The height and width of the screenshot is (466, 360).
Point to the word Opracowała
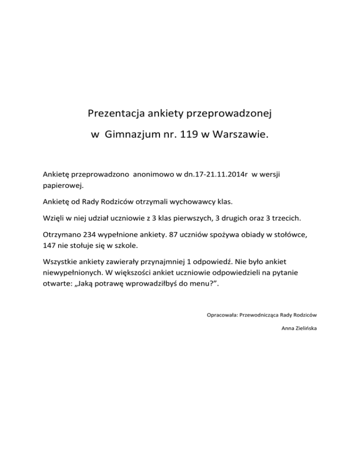(222, 315)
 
